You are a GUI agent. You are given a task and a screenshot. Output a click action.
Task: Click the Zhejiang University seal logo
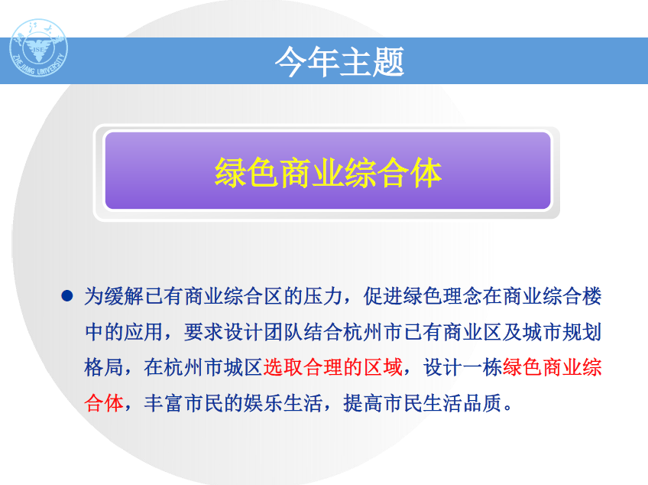tap(38, 48)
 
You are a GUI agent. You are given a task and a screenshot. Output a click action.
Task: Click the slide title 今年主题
tap(339, 61)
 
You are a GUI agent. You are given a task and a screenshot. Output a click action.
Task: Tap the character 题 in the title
tap(388, 61)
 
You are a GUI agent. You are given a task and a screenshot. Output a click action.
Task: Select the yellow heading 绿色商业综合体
tap(328, 173)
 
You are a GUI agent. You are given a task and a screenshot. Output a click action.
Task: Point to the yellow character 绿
tap(231, 173)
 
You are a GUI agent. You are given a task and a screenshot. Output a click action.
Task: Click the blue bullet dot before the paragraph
tap(67, 296)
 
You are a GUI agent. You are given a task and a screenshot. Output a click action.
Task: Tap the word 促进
tap(383, 296)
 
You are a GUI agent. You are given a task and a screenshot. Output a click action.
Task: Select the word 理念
tap(463, 296)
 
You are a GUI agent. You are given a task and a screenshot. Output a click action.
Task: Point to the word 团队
tap(283, 332)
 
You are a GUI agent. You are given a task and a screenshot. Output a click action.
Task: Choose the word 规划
tap(582, 332)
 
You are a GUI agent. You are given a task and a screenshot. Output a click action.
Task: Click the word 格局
tap(104, 367)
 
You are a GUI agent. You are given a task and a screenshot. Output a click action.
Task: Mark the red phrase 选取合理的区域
tap(333, 367)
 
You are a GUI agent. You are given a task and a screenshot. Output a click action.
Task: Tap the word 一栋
tap(483, 367)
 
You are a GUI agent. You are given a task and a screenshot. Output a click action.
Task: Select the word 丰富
tap(164, 403)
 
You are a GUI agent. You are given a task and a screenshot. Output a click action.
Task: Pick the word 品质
tap(483, 403)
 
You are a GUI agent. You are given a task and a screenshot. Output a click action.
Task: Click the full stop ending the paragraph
tap(508, 409)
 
